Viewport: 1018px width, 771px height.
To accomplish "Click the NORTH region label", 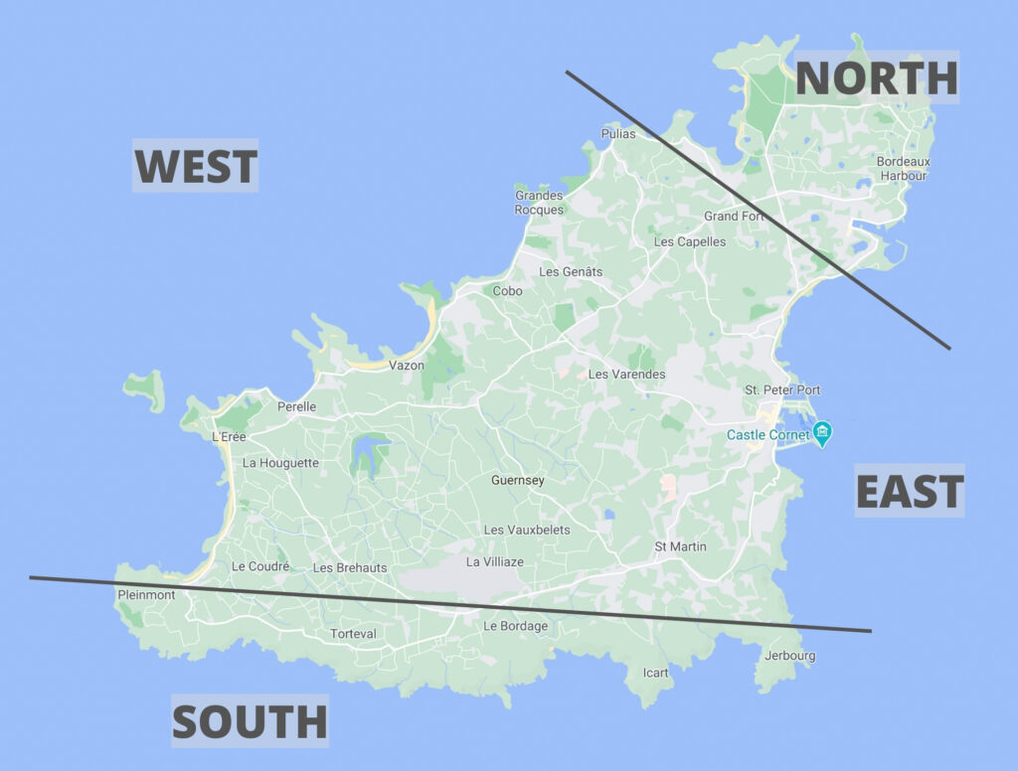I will [876, 77].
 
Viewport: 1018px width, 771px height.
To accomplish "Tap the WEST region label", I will [196, 166].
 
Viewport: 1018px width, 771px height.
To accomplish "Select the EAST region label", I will [909, 491].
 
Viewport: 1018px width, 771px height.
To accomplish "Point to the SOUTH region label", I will [250, 721].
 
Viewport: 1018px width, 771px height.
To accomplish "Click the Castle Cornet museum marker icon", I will [822, 433].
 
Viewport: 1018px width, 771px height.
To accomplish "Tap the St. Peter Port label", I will [782, 390].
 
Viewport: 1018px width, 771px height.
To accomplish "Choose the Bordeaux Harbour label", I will [903, 169].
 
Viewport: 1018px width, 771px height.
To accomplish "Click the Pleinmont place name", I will [146, 595].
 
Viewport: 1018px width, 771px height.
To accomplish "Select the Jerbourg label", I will [789, 656].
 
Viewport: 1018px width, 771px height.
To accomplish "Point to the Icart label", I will [655, 673].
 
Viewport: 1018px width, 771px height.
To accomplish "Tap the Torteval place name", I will [353, 634].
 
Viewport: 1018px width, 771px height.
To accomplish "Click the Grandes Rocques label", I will [539, 203].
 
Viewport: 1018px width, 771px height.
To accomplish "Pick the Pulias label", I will [617, 133].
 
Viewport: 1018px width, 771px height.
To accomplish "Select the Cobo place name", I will [507, 291].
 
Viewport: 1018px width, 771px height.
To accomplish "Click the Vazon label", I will [406, 366].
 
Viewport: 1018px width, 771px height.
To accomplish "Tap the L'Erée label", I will [229, 436].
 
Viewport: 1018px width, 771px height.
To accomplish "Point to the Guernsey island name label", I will [518, 481].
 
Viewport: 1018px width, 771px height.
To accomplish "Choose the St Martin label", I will [680, 546].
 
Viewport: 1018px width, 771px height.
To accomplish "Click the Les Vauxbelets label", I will [527, 530].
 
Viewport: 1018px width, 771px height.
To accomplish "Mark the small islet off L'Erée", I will [145, 389].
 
